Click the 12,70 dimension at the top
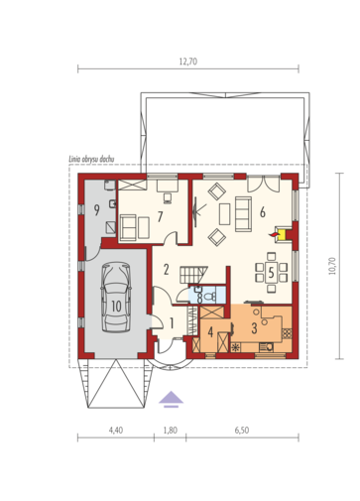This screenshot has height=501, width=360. pyautogui.click(x=188, y=62)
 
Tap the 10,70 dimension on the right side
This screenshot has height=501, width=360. pyautogui.click(x=332, y=266)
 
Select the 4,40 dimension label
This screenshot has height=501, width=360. pyautogui.click(x=116, y=430)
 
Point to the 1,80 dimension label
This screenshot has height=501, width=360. pyautogui.click(x=171, y=430)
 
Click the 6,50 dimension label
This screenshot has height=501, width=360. pyautogui.click(x=242, y=430)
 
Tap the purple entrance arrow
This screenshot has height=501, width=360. pyautogui.click(x=171, y=399)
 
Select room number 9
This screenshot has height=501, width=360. pyautogui.click(x=96, y=210)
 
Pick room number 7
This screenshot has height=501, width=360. pyautogui.click(x=160, y=217)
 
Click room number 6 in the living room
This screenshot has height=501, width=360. pyautogui.click(x=263, y=212)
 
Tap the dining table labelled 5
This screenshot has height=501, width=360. pyautogui.click(x=271, y=272)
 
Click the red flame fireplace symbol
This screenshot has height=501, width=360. pyautogui.click(x=274, y=234)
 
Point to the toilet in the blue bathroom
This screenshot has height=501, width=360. pyautogui.click(x=209, y=296)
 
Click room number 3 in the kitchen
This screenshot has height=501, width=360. pyautogui.click(x=254, y=328)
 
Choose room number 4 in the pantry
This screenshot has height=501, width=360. pyautogui.click(x=210, y=332)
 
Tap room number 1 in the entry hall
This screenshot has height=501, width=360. pyautogui.click(x=172, y=323)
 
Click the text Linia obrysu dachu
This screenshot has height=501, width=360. pyautogui.click(x=91, y=159)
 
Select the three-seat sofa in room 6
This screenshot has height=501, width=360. pyautogui.click(x=243, y=214)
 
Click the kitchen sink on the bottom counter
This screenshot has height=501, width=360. pyautogui.click(x=266, y=347)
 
